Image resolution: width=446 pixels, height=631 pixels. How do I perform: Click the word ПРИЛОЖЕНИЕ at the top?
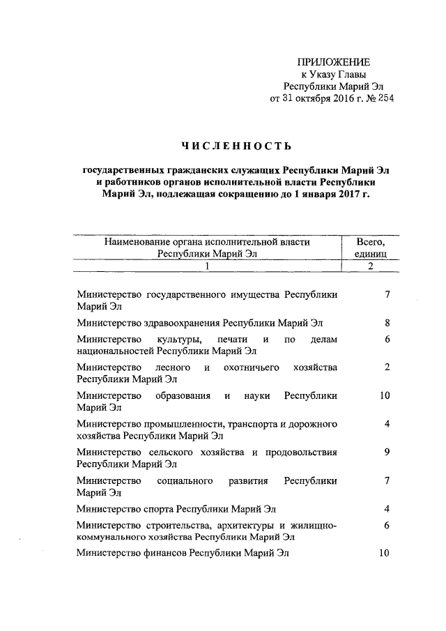click(x=330, y=62)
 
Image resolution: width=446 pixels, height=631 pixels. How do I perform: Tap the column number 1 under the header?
click(x=207, y=267)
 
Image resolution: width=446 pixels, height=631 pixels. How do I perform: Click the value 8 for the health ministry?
click(x=387, y=323)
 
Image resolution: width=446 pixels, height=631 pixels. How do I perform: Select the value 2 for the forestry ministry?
click(x=387, y=367)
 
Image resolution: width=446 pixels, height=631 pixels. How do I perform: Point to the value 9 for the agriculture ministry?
click(x=387, y=452)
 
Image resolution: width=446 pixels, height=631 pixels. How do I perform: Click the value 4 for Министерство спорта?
click(x=387, y=508)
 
